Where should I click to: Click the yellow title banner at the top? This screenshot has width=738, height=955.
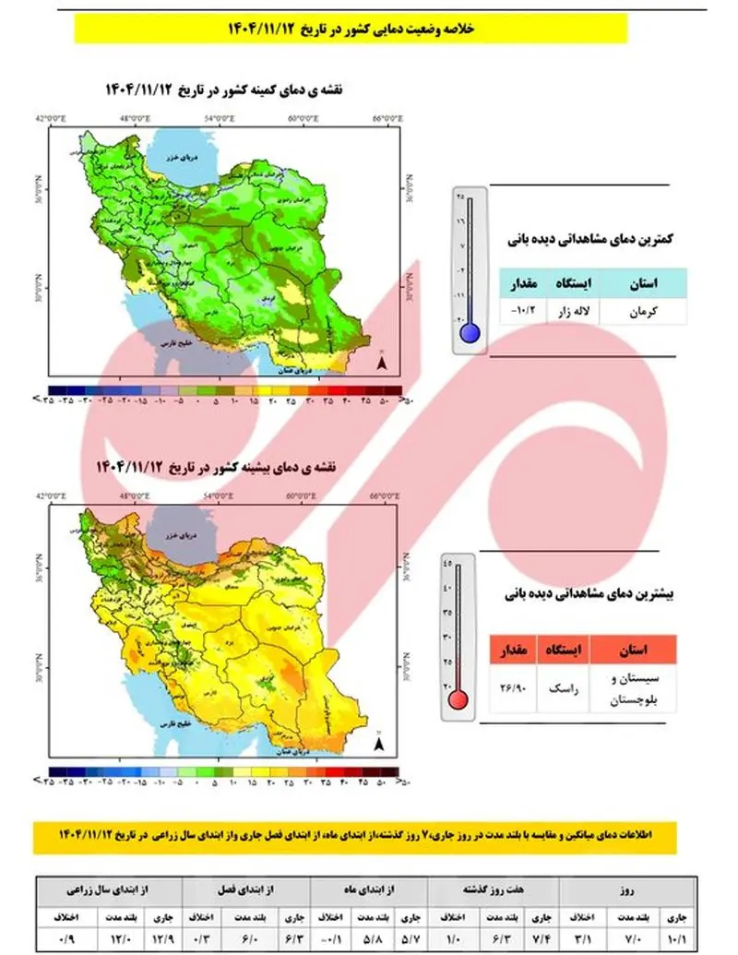coord(350,29)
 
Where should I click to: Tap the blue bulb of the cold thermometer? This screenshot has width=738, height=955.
coord(470,333)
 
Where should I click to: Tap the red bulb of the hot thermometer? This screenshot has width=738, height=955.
coord(458,699)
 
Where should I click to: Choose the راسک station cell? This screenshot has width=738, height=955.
coord(561,688)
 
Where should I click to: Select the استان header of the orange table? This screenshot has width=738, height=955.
coord(629,649)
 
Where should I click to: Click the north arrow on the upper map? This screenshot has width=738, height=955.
coord(381,364)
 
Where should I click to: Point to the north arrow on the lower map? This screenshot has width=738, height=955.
coord(381,742)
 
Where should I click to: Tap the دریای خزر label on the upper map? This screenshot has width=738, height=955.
coord(175,159)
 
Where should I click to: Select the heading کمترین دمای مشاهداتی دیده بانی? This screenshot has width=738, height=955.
coord(590,238)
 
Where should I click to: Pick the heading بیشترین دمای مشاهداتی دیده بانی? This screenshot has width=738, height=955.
coord(587,596)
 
